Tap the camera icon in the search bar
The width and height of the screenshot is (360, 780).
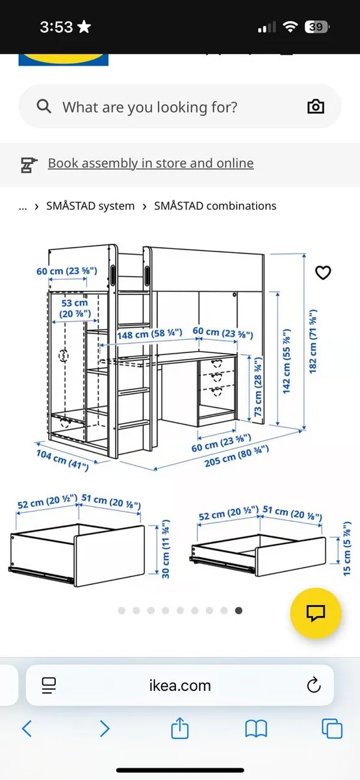pos(315,107)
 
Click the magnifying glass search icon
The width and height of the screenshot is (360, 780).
pos(44,107)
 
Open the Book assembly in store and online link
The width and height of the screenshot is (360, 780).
pos(150,163)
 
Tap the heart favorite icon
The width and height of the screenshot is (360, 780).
pos(323,273)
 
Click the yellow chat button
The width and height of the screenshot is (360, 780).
pos(316,613)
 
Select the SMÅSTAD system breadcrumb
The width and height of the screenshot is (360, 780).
pos(90,206)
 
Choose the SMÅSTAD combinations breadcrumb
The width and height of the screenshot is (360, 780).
pos(215,206)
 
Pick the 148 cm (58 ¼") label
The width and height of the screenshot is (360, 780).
pos(149,334)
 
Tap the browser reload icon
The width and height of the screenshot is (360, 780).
pos(314,684)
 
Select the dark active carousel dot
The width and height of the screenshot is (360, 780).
pos(239,610)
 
